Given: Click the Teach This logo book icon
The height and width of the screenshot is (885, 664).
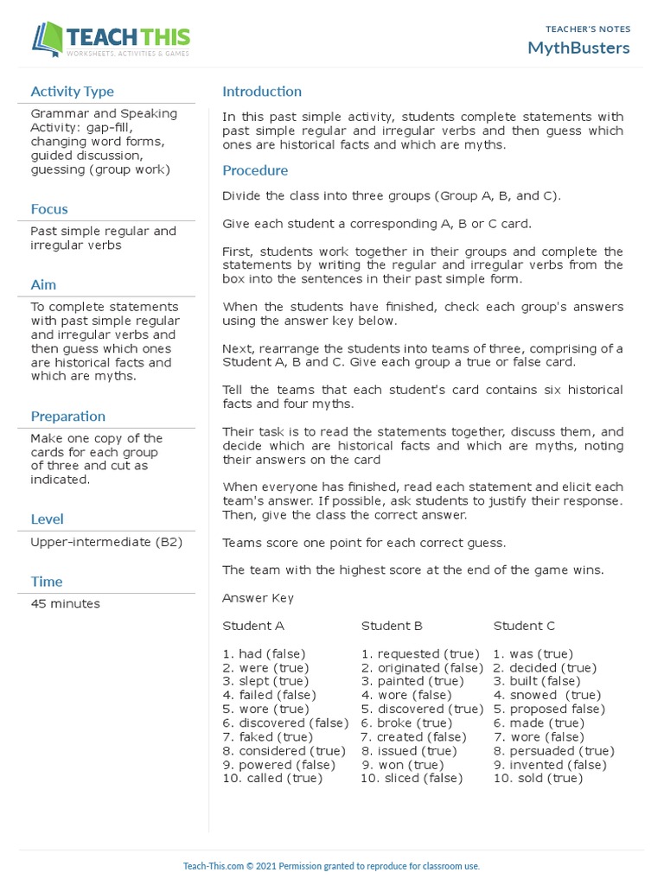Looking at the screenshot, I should [x=48, y=40].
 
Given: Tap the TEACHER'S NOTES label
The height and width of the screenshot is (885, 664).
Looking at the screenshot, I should [x=588, y=29].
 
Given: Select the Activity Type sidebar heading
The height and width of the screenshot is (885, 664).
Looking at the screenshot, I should [x=72, y=92].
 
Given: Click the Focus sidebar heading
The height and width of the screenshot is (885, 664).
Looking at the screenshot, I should [x=49, y=209].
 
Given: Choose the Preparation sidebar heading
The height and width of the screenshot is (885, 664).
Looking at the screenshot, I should [x=68, y=417].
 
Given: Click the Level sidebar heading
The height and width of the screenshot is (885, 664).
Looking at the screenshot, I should [x=47, y=519].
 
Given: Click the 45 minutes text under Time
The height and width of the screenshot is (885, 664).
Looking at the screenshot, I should [x=65, y=604].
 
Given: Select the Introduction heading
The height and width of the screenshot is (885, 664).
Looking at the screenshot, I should [x=262, y=92].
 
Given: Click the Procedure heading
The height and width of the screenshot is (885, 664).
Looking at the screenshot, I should [x=255, y=171].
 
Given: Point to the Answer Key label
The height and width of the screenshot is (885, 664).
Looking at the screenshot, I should [x=258, y=598].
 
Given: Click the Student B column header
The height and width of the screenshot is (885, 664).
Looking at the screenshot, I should [x=392, y=626].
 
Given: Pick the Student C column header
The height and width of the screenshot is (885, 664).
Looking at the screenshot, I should [x=524, y=626].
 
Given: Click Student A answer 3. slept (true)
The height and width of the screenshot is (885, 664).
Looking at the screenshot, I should [x=265, y=682].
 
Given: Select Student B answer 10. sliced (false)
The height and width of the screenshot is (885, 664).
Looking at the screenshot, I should [x=412, y=779].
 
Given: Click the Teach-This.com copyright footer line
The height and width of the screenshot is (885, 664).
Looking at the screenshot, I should [x=331, y=866].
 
